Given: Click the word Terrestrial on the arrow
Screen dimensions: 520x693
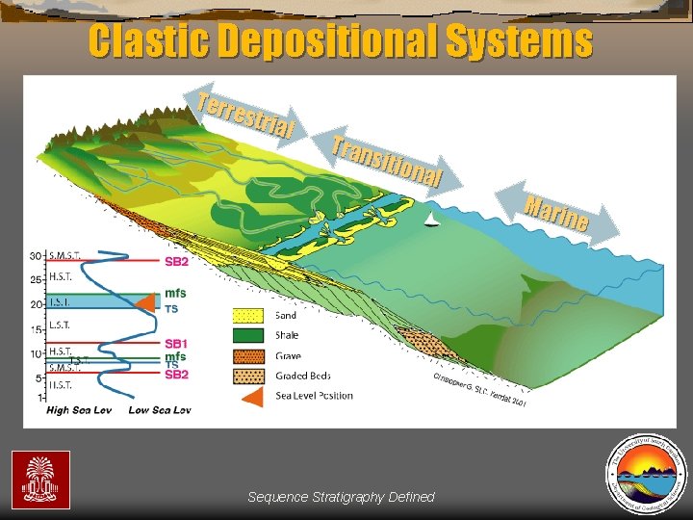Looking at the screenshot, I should click(x=244, y=114).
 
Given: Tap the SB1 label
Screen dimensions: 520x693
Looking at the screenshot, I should click(x=176, y=344).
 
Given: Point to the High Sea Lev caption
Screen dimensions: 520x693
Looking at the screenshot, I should click(x=80, y=410).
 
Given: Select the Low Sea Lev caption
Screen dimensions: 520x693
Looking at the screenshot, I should click(x=159, y=410).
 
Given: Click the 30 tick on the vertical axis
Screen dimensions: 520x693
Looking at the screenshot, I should click(x=35, y=255).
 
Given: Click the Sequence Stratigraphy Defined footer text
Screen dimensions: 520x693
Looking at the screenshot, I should click(x=341, y=497).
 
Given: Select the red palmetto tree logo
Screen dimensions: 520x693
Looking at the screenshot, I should click(x=40, y=479).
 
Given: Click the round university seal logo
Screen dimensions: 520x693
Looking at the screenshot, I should click(x=645, y=472).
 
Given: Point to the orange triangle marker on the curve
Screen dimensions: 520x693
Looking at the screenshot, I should click(x=144, y=304).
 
